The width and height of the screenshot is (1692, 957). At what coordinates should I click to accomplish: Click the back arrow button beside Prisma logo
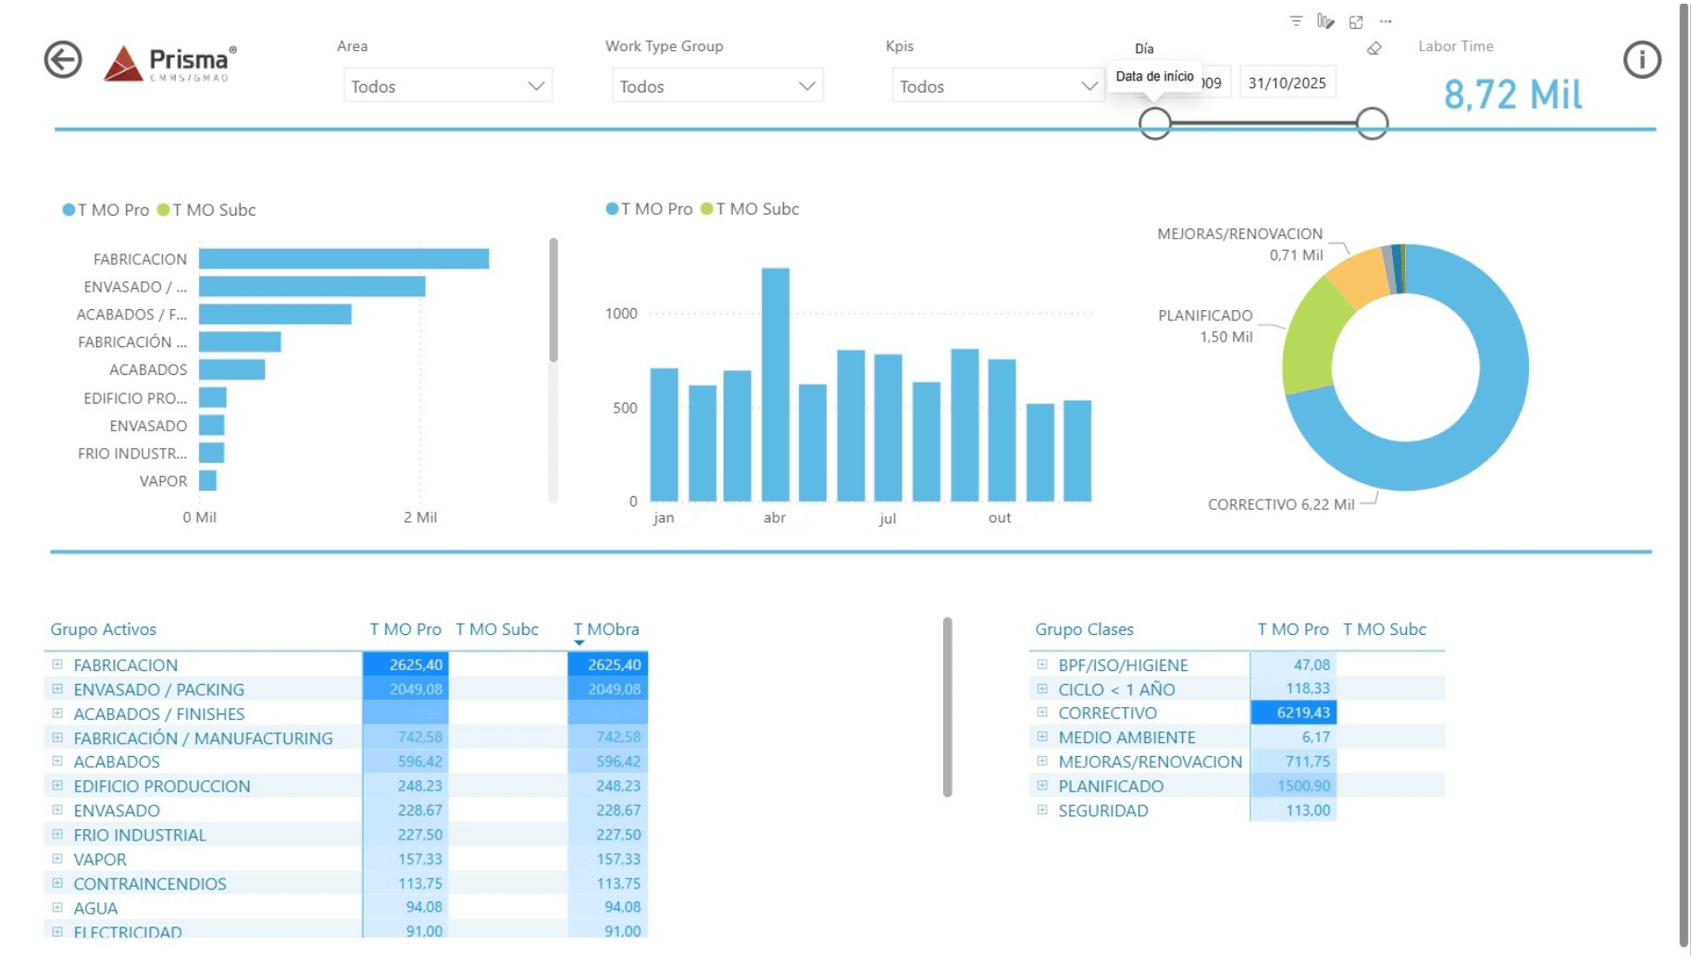point(63,60)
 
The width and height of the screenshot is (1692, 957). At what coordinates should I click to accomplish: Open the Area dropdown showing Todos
point(447,86)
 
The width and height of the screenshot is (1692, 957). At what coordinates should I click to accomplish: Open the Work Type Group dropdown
point(716,86)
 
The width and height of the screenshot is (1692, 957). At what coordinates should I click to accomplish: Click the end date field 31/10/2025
point(1287,83)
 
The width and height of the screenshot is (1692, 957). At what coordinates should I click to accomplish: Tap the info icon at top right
point(1641,60)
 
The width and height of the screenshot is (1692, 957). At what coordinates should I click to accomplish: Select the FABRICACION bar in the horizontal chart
point(343,259)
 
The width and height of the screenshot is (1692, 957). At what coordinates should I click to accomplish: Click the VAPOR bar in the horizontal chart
point(208,480)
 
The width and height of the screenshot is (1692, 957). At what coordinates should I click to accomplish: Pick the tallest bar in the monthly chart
point(775,384)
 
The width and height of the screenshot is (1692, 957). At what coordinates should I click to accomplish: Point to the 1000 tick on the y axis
point(621,314)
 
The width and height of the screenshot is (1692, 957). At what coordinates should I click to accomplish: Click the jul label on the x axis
point(887,518)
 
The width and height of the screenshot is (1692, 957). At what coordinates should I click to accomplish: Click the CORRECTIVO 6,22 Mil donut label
point(1280,504)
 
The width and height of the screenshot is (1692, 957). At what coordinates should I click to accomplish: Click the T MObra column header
point(606,629)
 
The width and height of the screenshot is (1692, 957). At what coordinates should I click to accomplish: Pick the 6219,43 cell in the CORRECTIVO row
point(1294,713)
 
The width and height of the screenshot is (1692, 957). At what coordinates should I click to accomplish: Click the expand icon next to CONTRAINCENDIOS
point(57,883)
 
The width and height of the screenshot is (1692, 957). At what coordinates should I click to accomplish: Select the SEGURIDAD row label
point(1102,811)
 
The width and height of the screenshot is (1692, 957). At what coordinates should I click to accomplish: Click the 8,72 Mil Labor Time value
point(1512,94)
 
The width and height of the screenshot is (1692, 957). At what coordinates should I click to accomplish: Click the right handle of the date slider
point(1372,123)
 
